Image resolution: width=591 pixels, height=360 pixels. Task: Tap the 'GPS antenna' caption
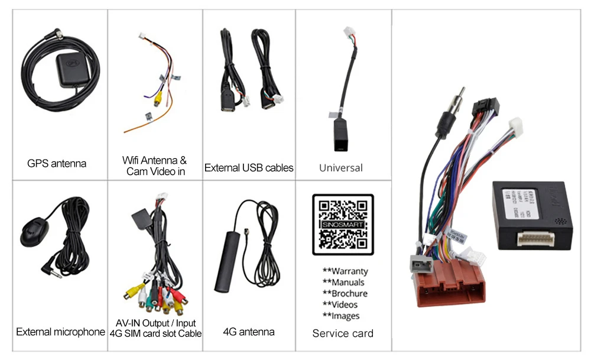point(57,163)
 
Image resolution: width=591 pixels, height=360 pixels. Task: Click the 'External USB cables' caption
point(249,168)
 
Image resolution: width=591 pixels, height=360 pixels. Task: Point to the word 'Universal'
point(341,168)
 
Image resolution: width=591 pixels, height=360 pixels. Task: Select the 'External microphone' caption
point(60,332)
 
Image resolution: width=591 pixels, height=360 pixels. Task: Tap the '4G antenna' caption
point(249,332)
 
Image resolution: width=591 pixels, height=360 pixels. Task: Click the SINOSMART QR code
point(343,224)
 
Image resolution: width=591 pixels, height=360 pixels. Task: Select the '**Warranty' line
point(345,271)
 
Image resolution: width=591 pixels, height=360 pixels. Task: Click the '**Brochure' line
point(345,294)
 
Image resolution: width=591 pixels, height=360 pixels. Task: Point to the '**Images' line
point(341,316)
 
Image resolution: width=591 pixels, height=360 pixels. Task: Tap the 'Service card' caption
point(343,333)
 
